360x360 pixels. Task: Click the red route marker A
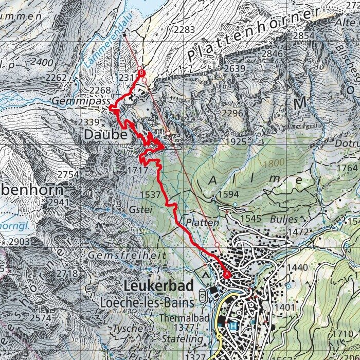pyautogui.click(x=227, y=275)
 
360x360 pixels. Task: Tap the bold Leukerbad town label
pyautogui.click(x=158, y=286)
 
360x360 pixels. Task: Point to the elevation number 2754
pyautogui.click(x=68, y=175)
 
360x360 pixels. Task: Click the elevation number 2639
pyautogui.click(x=235, y=68)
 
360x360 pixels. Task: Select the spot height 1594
pyautogui.click(x=228, y=194)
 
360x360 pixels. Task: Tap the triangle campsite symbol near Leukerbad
pyautogui.click(x=206, y=276)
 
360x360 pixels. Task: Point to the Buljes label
pyautogui.click(x=283, y=219)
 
